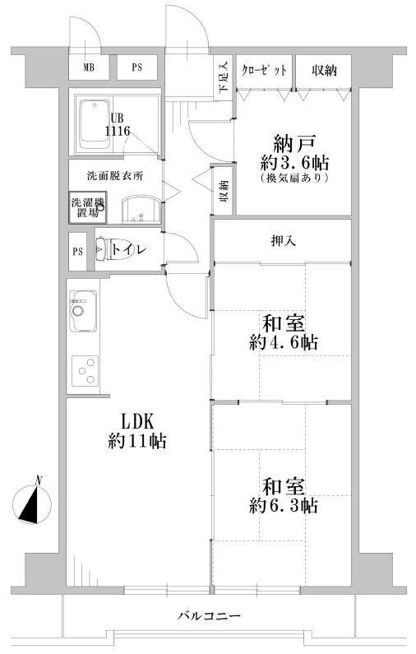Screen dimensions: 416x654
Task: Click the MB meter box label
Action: (x=89, y=67)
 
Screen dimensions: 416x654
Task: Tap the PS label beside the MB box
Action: (x=137, y=67)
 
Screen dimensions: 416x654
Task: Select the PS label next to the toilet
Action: (x=78, y=252)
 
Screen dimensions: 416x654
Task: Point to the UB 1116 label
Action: (x=117, y=124)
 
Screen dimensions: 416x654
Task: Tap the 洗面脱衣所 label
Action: (x=115, y=175)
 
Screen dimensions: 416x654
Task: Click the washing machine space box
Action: (x=88, y=207)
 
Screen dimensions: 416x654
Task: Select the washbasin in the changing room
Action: (x=141, y=210)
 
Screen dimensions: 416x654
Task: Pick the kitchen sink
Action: (x=83, y=311)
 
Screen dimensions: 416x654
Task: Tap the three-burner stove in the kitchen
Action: (x=86, y=371)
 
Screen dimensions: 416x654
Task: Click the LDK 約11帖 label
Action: (x=137, y=431)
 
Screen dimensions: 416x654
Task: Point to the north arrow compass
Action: (x=32, y=503)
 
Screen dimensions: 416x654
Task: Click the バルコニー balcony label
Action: (x=209, y=615)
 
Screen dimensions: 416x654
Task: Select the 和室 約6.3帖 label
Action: (x=284, y=495)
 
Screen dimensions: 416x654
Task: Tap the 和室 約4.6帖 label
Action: (x=284, y=332)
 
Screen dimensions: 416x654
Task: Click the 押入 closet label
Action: (x=284, y=241)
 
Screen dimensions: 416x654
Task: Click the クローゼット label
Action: (x=264, y=70)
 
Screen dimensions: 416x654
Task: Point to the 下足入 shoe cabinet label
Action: (x=224, y=77)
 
